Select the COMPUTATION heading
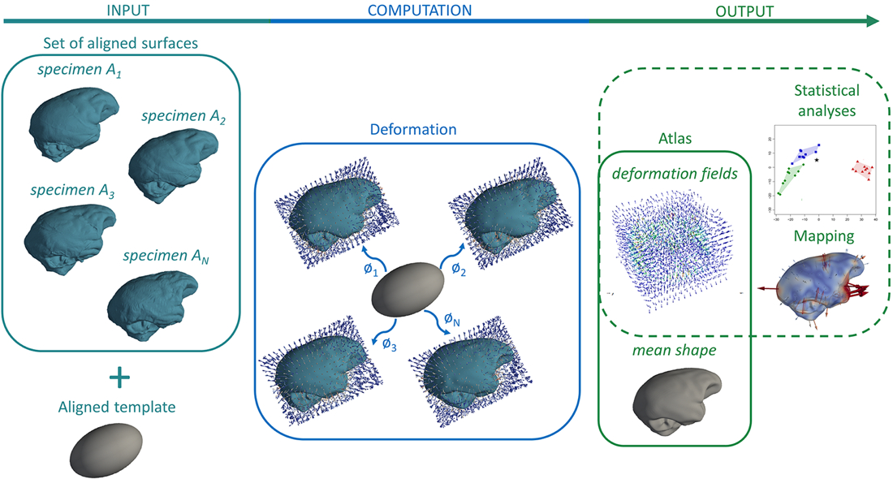(419, 11)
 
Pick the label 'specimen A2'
(183, 116)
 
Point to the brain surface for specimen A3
(69, 235)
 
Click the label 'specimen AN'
(162, 257)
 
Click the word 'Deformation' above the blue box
(413, 129)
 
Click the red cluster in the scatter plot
(862, 170)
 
